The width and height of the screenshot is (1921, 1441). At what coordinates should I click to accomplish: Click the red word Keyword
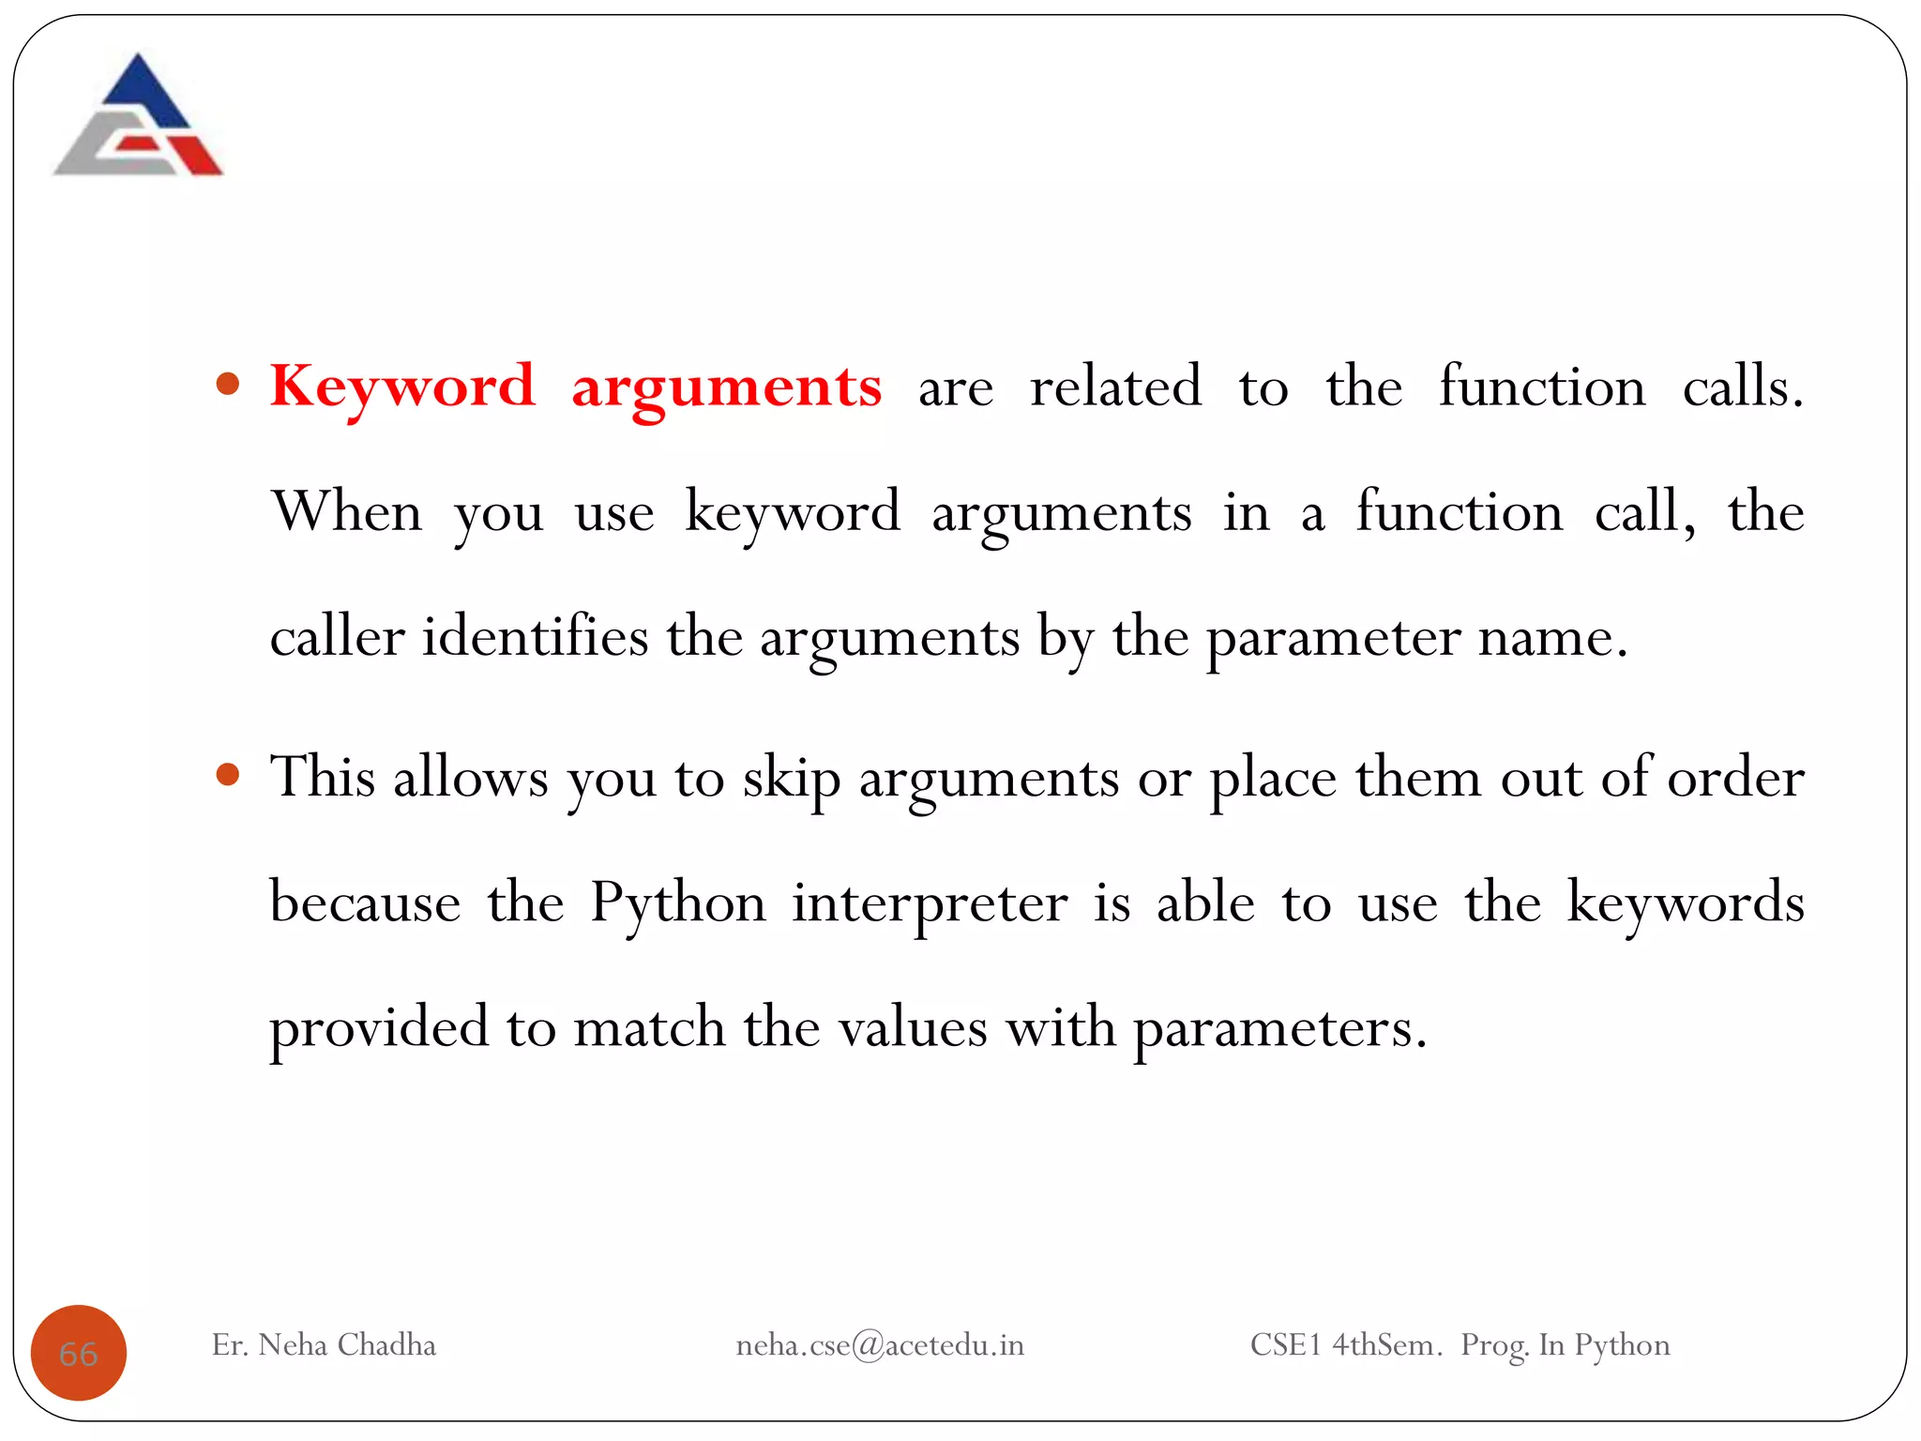pos(402,387)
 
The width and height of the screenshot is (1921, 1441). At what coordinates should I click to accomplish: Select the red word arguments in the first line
pos(727,388)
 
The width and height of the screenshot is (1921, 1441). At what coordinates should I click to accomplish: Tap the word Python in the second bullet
pos(677,904)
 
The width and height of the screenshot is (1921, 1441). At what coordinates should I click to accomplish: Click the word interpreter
pos(930,904)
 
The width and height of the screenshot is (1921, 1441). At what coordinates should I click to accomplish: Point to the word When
pos(346,512)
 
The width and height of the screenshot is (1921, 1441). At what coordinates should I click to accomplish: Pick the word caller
pos(337,637)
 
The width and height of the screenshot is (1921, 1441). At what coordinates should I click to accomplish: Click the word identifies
pos(535,637)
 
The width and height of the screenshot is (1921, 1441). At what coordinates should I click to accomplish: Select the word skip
pos(791,780)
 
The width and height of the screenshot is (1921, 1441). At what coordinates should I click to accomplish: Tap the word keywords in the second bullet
pos(1685,904)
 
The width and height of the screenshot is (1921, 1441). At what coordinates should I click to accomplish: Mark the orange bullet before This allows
pos(228,775)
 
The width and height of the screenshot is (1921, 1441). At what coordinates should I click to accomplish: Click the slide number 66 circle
pos(79,1353)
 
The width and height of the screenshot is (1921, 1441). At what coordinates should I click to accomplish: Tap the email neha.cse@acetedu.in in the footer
pos(880,1345)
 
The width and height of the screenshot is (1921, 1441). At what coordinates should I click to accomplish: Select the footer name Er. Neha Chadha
pos(324,1345)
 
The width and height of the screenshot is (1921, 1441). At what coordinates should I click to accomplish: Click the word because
pos(365,904)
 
